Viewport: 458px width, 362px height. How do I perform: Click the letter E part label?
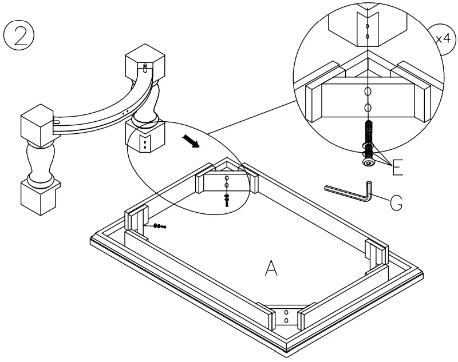click(x=397, y=166)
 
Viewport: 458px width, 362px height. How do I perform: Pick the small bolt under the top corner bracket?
click(x=227, y=200)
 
